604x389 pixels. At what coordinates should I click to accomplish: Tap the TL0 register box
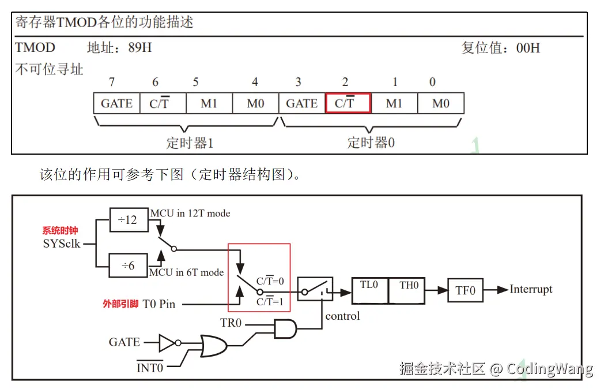point(369,290)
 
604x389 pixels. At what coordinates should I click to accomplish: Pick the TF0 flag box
point(466,290)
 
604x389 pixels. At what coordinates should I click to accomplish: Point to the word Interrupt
point(531,289)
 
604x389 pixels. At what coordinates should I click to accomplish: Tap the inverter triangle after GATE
point(167,343)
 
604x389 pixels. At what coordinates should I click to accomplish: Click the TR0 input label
point(231,323)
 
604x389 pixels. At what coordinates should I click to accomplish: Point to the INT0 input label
point(150,368)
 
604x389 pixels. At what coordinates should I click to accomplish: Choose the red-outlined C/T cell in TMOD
point(348,103)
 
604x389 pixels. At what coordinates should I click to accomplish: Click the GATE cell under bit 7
point(116,103)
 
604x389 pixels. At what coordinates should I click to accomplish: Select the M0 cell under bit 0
point(440,103)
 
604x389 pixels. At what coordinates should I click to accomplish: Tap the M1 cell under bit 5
point(209,103)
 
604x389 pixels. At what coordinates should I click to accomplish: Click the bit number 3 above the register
point(298,82)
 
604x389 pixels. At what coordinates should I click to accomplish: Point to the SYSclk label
point(62,244)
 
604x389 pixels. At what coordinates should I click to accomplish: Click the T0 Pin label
point(158,304)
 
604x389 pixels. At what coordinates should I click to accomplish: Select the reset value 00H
point(528,48)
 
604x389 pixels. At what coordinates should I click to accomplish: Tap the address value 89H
point(140,47)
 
